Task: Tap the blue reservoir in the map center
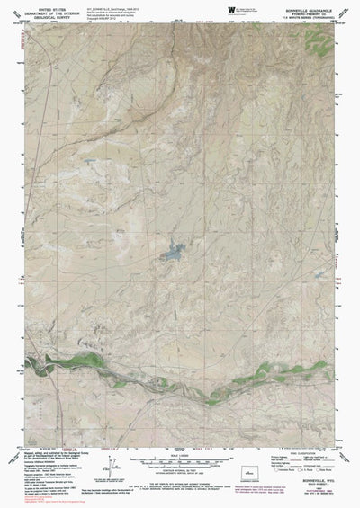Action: pos(169,254)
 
